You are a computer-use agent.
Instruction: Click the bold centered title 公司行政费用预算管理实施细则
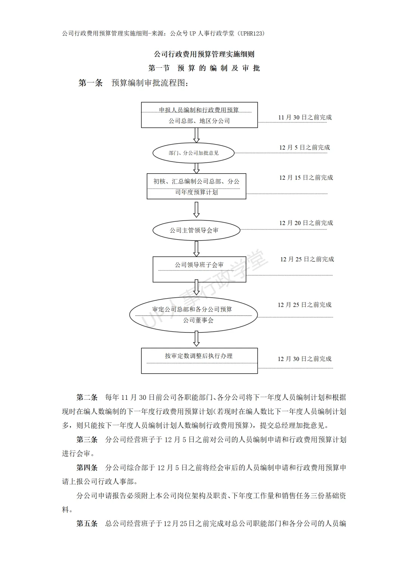[x=204, y=54]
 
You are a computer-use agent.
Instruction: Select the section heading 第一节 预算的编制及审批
[x=204, y=68]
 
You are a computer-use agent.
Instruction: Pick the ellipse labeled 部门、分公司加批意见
[x=193, y=153]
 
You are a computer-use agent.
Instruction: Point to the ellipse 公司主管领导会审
[x=196, y=230]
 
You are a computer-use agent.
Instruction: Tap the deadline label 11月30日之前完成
[x=305, y=117]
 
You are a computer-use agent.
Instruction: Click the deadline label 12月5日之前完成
[x=304, y=148]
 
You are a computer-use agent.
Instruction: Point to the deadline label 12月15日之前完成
[x=306, y=177]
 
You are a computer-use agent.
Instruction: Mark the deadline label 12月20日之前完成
[x=306, y=223]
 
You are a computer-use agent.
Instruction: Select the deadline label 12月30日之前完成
[x=304, y=359]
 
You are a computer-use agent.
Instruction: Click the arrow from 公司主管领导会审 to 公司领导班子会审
[x=196, y=249]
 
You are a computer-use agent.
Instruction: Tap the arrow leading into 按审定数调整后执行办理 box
[x=196, y=339]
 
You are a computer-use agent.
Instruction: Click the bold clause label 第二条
[x=87, y=397]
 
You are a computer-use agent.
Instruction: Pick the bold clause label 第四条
[x=87, y=468]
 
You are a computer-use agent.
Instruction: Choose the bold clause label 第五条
[x=87, y=524]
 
